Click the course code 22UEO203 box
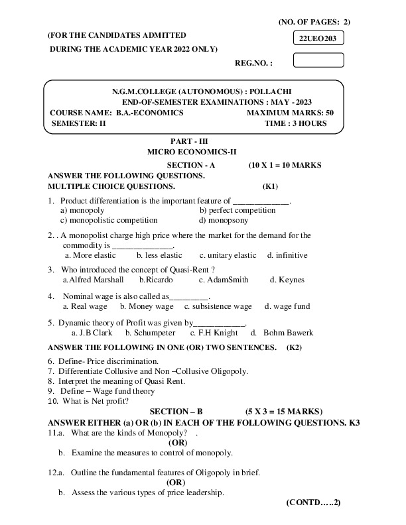[318, 39]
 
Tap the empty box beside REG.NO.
[318, 60]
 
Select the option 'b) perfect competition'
[237, 210]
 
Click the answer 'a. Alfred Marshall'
[93, 280]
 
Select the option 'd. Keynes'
[287, 280]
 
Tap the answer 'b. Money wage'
[147, 306]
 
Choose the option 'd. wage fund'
[287, 306]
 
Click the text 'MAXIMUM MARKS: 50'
[290, 113]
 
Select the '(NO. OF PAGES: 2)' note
[314, 22]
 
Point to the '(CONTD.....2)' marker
[313, 502]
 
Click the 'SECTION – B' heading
[176, 412]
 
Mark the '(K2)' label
[294, 347]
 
